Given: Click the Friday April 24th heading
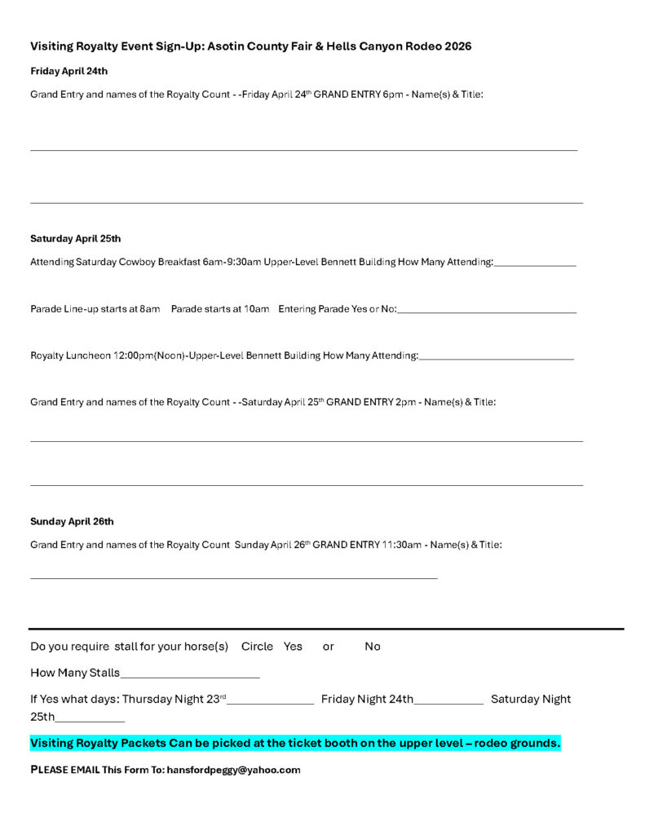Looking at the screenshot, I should tap(68, 71).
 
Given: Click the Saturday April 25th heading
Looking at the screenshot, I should tap(75, 239).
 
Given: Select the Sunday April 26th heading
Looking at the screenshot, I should tap(72, 521).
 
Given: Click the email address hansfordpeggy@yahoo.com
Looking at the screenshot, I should tap(233, 770).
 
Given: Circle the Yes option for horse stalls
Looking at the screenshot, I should tap(293, 647).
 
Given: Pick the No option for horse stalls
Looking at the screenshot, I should tap(373, 647).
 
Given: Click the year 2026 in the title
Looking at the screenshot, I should tap(457, 46).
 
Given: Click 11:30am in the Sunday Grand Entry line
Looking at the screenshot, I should tap(401, 544).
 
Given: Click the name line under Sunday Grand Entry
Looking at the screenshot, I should tap(233, 577).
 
